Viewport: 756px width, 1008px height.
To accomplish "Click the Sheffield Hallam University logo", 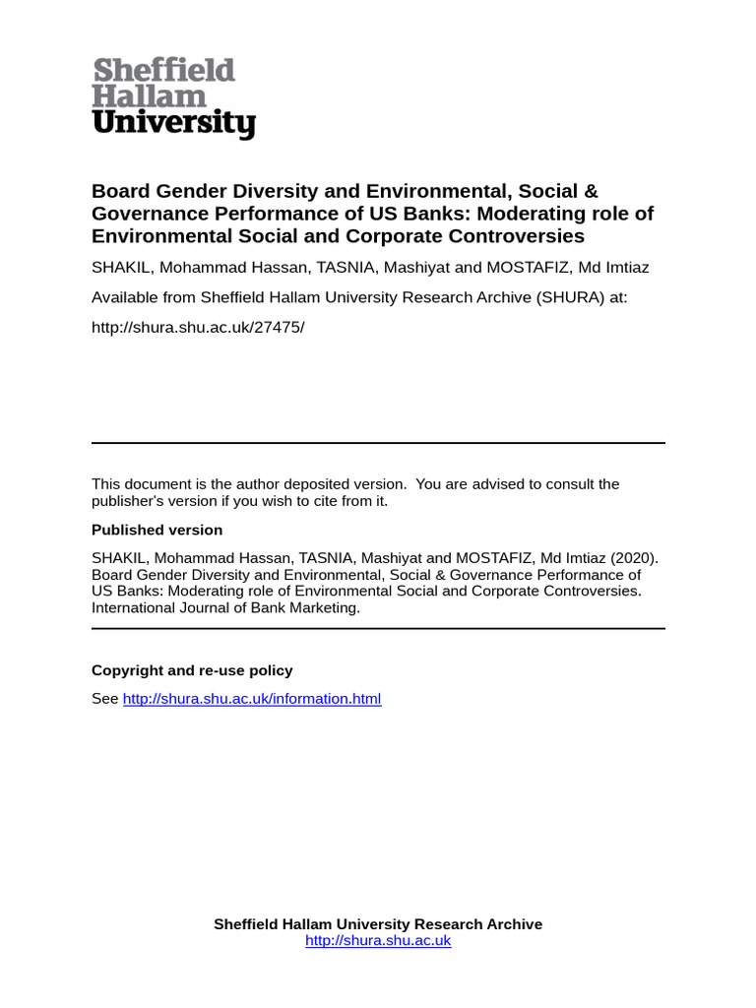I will (173, 97).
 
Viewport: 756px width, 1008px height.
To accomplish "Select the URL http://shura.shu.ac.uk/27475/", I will (198, 326).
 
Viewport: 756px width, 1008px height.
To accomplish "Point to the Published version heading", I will (157, 530).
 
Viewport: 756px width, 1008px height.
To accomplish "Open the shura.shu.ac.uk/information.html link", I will (251, 699).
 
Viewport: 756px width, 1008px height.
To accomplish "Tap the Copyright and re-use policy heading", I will (192, 670).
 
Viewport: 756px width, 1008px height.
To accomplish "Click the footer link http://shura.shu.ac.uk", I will (378, 941).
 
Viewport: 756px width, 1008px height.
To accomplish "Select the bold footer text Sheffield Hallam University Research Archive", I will (378, 924).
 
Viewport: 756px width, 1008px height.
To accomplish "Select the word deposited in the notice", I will (318, 484).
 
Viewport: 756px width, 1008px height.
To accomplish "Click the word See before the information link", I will (104, 699).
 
